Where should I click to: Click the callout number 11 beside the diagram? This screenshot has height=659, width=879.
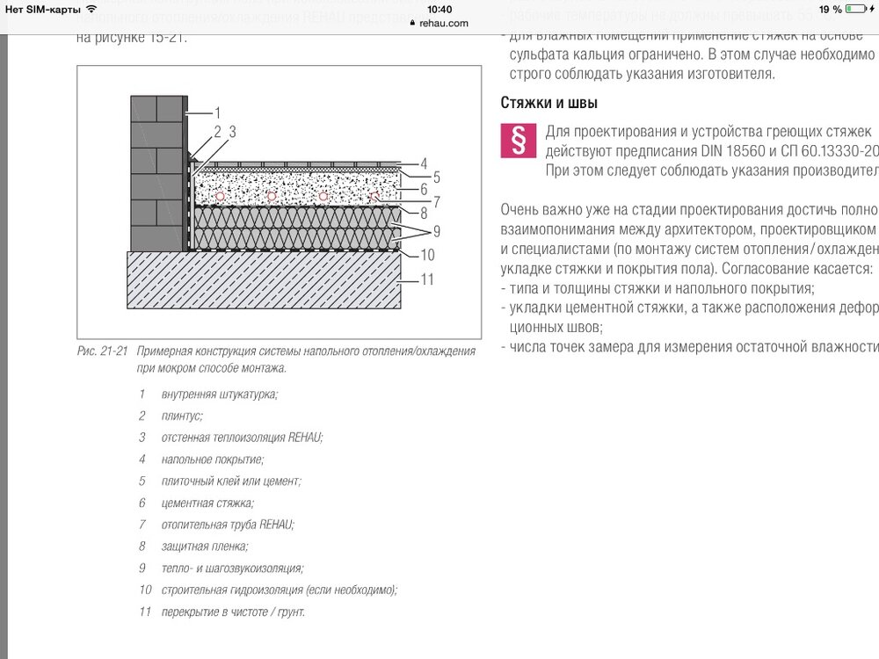(x=427, y=280)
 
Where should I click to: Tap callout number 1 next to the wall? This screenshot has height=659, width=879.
(x=216, y=112)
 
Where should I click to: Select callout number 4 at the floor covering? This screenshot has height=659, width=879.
(x=424, y=163)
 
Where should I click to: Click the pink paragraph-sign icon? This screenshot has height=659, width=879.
(x=517, y=140)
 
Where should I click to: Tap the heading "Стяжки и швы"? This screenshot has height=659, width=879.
(x=549, y=103)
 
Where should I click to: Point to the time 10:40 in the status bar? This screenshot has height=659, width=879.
(x=439, y=9)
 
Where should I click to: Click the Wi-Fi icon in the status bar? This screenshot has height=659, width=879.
(x=91, y=9)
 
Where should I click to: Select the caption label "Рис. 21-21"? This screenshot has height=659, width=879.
(x=102, y=351)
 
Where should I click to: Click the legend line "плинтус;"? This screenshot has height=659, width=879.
(x=182, y=416)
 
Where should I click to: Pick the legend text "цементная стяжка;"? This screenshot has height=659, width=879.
(x=207, y=503)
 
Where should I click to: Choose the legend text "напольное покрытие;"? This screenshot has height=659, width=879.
(x=212, y=459)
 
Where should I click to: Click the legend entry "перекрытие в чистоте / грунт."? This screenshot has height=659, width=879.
(x=233, y=611)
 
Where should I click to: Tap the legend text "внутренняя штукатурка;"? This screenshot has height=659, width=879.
(x=219, y=394)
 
